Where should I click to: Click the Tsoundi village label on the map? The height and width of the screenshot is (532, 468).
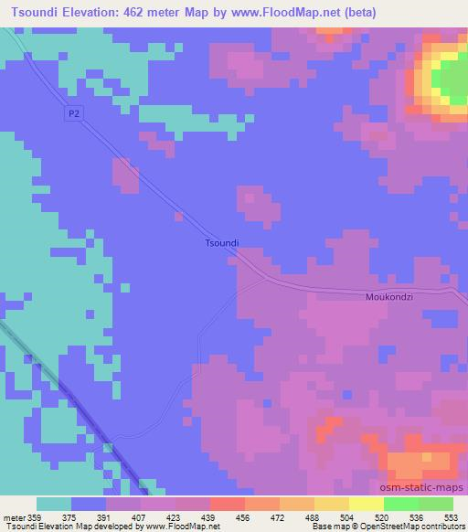221,243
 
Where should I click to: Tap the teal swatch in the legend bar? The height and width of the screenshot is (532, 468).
54,503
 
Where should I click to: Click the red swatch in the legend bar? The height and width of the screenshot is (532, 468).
227,503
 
